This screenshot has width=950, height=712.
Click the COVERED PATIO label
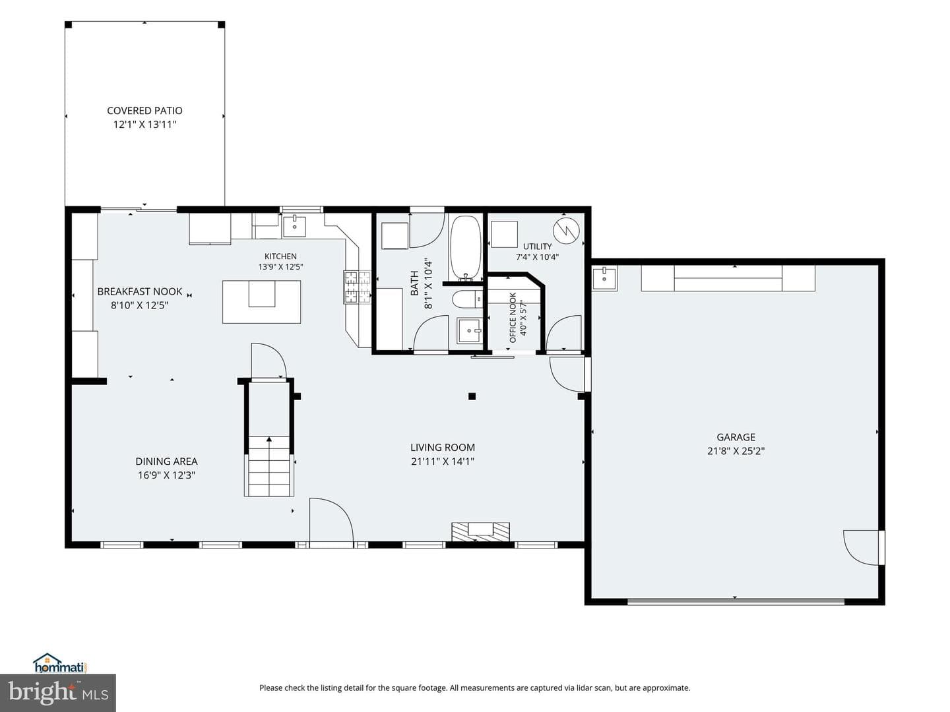point(144,111)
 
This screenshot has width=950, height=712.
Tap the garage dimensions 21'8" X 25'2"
point(736,451)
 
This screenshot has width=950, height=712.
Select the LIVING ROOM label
point(442,448)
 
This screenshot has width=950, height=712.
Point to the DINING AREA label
point(166,461)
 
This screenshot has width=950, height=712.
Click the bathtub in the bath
point(465,248)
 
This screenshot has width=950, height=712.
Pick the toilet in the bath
point(468,299)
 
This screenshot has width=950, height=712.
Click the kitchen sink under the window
point(294,226)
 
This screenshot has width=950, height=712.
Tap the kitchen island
point(261,302)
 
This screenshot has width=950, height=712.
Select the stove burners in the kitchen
point(358,287)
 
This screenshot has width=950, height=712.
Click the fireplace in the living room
point(480,532)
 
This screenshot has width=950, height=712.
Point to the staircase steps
point(269,466)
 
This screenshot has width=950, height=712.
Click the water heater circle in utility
point(566,231)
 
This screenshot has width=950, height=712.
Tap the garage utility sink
point(604,279)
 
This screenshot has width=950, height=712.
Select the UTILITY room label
point(538,247)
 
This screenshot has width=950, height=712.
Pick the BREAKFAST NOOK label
point(139,292)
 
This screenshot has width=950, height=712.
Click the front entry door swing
point(332,519)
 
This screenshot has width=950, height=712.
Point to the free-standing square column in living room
point(472,396)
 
